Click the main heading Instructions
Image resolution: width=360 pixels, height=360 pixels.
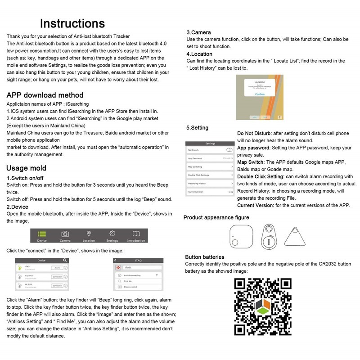pos(72,23)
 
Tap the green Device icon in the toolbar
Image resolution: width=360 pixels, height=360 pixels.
pos(42,234)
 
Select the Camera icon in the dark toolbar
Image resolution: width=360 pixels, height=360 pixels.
pos(65,234)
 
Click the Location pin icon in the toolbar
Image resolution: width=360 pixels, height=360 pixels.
pos(89,234)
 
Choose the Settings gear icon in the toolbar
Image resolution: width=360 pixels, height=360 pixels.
pos(112,234)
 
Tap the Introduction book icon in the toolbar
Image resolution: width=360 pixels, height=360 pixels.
pos(136,234)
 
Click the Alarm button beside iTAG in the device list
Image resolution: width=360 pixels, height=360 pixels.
pos(57,268)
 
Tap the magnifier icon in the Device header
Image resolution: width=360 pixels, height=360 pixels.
pos(65,260)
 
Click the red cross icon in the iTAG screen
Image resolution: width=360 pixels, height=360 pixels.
pos(119,267)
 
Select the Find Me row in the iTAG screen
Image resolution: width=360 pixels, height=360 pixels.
pos(135,281)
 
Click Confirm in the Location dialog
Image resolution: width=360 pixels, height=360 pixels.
pos(260,94)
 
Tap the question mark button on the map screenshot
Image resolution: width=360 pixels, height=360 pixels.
pos(279,117)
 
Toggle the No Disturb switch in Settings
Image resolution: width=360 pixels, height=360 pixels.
pos(229,150)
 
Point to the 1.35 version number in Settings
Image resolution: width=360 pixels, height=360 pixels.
pos(230,192)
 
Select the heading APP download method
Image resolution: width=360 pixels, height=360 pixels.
pos(45,95)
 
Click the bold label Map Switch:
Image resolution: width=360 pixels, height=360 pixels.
pos(251,162)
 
